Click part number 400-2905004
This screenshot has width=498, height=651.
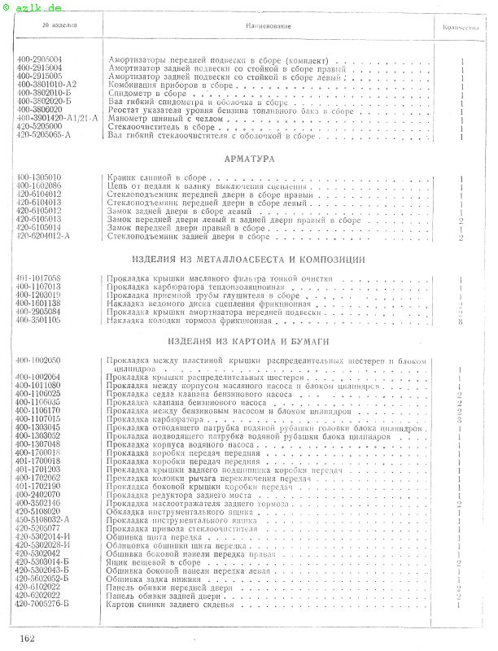(x=38, y=60)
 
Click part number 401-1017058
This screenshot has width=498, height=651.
(x=38, y=278)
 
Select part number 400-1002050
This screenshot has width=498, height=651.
(x=38, y=360)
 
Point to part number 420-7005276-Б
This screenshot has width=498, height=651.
(x=43, y=605)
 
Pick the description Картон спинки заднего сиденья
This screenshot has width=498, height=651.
(x=170, y=605)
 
